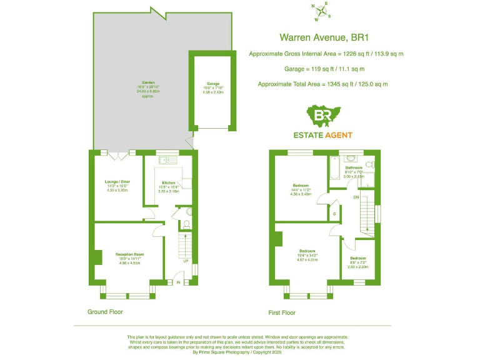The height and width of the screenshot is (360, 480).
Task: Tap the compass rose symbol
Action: click(321, 11)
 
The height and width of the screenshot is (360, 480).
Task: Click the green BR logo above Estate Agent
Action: click(323, 116)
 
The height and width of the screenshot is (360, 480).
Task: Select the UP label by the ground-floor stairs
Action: click(186, 261)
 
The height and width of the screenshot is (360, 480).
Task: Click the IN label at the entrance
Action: click(178, 283)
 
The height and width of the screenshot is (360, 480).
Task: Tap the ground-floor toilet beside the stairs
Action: click(187, 225)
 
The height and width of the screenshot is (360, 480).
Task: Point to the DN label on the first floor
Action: click(356, 197)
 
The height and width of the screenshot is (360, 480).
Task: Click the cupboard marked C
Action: click(335, 214)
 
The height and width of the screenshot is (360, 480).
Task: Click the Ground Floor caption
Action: click(105, 311)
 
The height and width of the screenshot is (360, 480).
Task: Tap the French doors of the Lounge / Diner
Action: click(118, 152)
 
